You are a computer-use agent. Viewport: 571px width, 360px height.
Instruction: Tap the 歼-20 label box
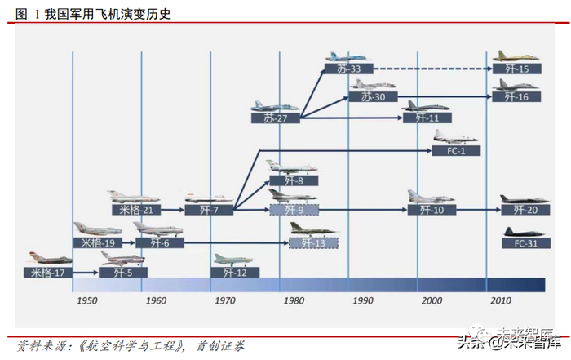pyautogui.click(x=521, y=210)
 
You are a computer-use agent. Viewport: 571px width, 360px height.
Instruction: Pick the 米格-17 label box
pyautogui.click(x=48, y=273)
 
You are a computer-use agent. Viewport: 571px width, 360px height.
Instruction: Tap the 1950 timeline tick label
pyautogui.click(x=87, y=300)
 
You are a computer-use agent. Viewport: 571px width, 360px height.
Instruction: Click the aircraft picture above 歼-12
pyautogui.click(x=232, y=259)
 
